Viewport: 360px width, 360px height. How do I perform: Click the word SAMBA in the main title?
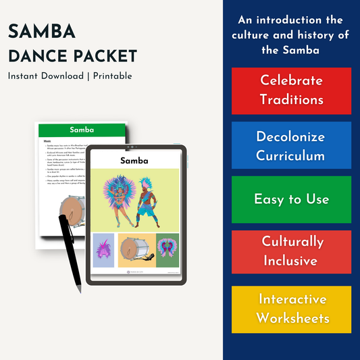42,32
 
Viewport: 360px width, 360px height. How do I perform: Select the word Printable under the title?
111,76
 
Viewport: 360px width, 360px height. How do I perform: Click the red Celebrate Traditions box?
291,90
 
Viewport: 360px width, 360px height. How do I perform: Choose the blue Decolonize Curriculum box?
291,145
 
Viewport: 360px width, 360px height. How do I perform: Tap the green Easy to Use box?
291,199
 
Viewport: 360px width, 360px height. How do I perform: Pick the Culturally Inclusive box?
291,251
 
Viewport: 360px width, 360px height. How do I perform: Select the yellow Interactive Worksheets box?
291,309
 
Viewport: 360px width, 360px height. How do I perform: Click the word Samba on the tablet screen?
134,160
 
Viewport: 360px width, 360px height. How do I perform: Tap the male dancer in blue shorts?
149,199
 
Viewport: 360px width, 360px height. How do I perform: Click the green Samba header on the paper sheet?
81,130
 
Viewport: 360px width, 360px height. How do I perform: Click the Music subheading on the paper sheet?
49,142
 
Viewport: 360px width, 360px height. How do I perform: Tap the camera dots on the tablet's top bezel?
135,149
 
